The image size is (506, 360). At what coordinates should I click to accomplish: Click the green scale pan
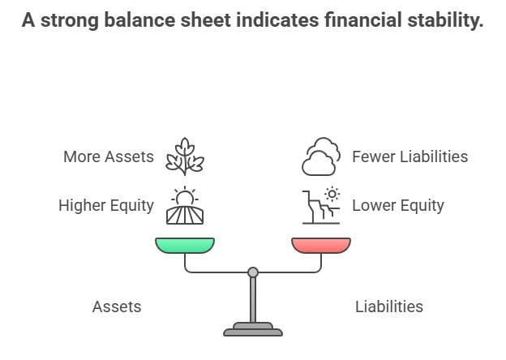point(185,245)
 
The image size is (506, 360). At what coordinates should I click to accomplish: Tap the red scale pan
point(321,245)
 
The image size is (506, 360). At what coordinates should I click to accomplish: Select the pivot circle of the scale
point(253,272)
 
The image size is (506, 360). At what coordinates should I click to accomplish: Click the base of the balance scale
point(253,329)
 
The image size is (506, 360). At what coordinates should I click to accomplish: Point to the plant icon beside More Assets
point(185,156)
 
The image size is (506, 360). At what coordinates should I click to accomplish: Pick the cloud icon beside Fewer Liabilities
point(321,156)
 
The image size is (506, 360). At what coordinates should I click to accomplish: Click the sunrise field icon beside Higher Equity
point(185,205)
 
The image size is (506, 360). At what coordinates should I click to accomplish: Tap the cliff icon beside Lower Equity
point(321,205)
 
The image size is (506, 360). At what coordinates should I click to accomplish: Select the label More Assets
point(109,156)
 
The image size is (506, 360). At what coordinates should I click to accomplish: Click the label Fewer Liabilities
point(410,156)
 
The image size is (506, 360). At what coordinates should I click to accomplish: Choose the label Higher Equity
point(106,206)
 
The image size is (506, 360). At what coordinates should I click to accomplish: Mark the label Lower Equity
point(397,206)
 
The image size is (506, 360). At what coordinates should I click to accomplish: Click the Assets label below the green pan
point(117,306)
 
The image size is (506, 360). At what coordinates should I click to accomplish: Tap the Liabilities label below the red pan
point(389,306)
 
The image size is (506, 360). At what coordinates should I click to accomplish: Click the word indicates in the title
point(273,21)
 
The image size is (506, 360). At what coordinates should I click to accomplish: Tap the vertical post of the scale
point(253,300)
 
